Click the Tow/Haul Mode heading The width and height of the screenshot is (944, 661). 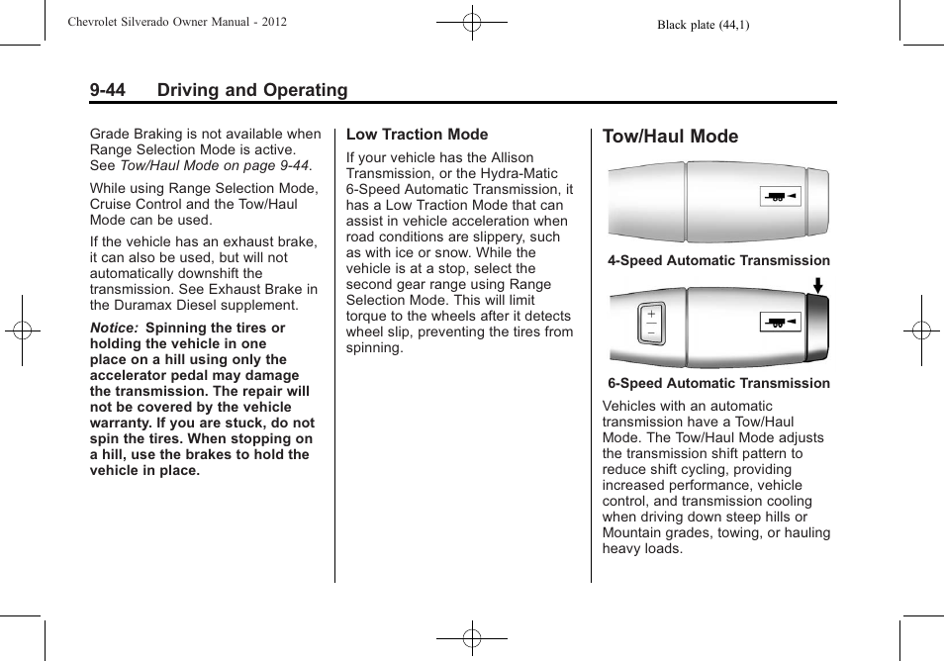coord(670,137)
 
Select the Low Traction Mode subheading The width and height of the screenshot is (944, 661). coord(417,135)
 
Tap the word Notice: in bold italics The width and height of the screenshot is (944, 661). coord(114,328)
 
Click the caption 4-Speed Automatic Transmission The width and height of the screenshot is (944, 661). coord(718,261)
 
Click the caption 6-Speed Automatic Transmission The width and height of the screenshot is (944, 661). coord(718,384)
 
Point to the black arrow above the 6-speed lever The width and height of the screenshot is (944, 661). coord(817,288)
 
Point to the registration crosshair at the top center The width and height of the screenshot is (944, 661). coord(472,21)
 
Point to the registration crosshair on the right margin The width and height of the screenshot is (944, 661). coord(921,330)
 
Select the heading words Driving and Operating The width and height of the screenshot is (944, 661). coord(252,90)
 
